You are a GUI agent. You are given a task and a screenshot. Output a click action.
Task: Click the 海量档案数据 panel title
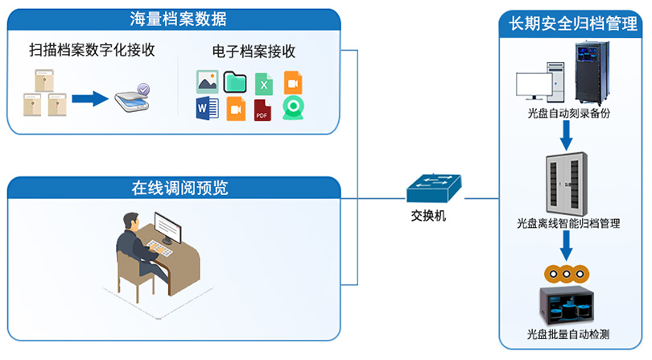click(180, 19)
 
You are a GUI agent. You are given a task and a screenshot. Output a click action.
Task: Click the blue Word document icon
click(207, 109)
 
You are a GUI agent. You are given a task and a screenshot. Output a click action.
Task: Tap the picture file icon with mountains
click(207, 81)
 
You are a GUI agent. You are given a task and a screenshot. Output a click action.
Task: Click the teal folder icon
click(235, 81)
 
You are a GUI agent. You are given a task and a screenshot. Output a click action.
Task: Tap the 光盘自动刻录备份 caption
click(568, 114)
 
